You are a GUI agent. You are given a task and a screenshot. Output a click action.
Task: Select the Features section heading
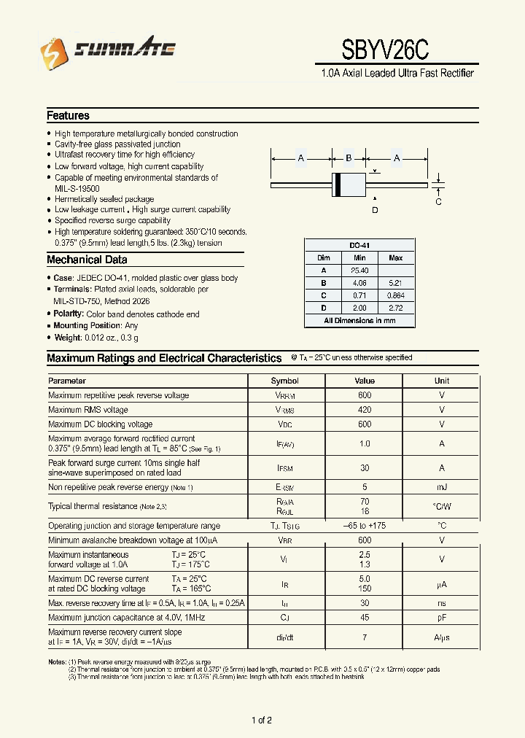[68, 115]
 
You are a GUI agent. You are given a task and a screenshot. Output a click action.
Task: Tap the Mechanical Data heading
[87, 260]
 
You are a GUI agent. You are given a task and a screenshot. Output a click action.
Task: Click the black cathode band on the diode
[338, 185]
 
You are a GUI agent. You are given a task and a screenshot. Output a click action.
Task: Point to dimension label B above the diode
[349, 158]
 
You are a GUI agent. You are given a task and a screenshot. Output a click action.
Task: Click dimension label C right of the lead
[438, 202]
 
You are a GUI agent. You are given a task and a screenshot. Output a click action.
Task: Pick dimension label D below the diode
[375, 211]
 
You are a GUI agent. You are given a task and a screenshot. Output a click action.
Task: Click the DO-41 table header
[359, 246]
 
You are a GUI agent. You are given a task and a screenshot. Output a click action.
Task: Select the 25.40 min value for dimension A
[359, 270]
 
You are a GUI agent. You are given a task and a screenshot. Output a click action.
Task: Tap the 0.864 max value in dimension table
[395, 295]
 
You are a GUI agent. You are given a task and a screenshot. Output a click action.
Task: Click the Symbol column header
[285, 381]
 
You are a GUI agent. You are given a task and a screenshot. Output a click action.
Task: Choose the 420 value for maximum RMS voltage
[364, 410]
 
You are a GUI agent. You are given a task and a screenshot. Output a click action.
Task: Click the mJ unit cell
[442, 486]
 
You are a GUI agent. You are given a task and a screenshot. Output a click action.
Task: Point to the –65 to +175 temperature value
[364, 525]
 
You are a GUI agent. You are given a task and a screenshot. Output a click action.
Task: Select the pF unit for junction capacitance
[442, 618]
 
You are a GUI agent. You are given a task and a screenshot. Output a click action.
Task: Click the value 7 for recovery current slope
[364, 637]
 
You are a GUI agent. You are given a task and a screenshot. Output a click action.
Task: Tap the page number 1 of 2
[262, 720]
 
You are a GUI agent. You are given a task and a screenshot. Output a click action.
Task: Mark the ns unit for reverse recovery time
[442, 603]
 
